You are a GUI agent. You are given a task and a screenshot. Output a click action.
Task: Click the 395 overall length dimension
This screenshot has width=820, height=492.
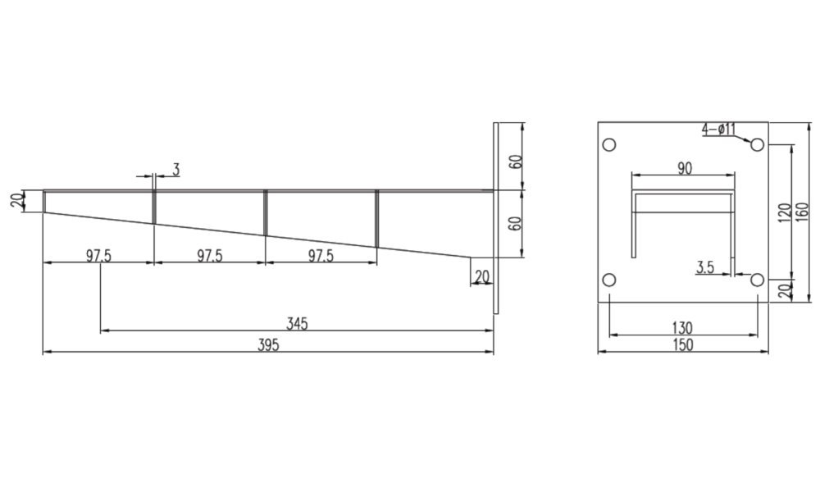268,345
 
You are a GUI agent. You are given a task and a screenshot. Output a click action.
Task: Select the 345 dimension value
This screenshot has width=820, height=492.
297,324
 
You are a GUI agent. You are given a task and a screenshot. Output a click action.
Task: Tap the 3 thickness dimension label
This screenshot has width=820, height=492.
175,170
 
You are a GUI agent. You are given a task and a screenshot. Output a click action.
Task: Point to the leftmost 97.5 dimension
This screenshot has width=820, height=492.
99,256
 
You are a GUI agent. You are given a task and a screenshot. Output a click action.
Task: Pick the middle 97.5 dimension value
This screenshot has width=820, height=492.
210,256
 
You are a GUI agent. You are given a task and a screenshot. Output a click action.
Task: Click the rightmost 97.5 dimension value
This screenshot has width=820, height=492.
321,256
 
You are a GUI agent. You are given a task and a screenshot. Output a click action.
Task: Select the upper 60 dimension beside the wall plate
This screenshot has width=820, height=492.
516,161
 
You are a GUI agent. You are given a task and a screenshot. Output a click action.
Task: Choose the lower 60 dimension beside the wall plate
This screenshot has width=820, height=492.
516,224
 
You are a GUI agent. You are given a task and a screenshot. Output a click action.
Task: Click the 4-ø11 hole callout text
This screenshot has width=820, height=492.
718,129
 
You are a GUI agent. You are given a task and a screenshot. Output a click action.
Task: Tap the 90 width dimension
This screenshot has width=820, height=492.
685,168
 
